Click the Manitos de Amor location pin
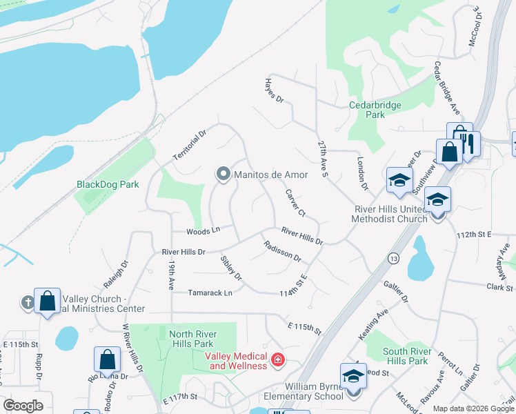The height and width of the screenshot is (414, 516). click(223, 175)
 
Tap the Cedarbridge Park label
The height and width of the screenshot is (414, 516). click(376, 110)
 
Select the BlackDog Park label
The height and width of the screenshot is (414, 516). click(107, 184)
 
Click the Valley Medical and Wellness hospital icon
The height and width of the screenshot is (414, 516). click(277, 359)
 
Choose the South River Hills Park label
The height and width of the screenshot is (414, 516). click(415, 356)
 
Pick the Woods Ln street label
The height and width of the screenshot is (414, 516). click(203, 230)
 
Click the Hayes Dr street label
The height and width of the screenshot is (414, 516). click(275, 90)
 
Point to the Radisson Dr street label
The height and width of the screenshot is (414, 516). click(282, 250)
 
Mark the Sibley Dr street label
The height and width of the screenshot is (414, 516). click(231, 268)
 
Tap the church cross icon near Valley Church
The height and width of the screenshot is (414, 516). click(28, 302)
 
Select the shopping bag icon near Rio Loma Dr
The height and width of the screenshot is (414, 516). click(107, 359)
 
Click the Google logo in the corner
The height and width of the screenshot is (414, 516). click(23, 406)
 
